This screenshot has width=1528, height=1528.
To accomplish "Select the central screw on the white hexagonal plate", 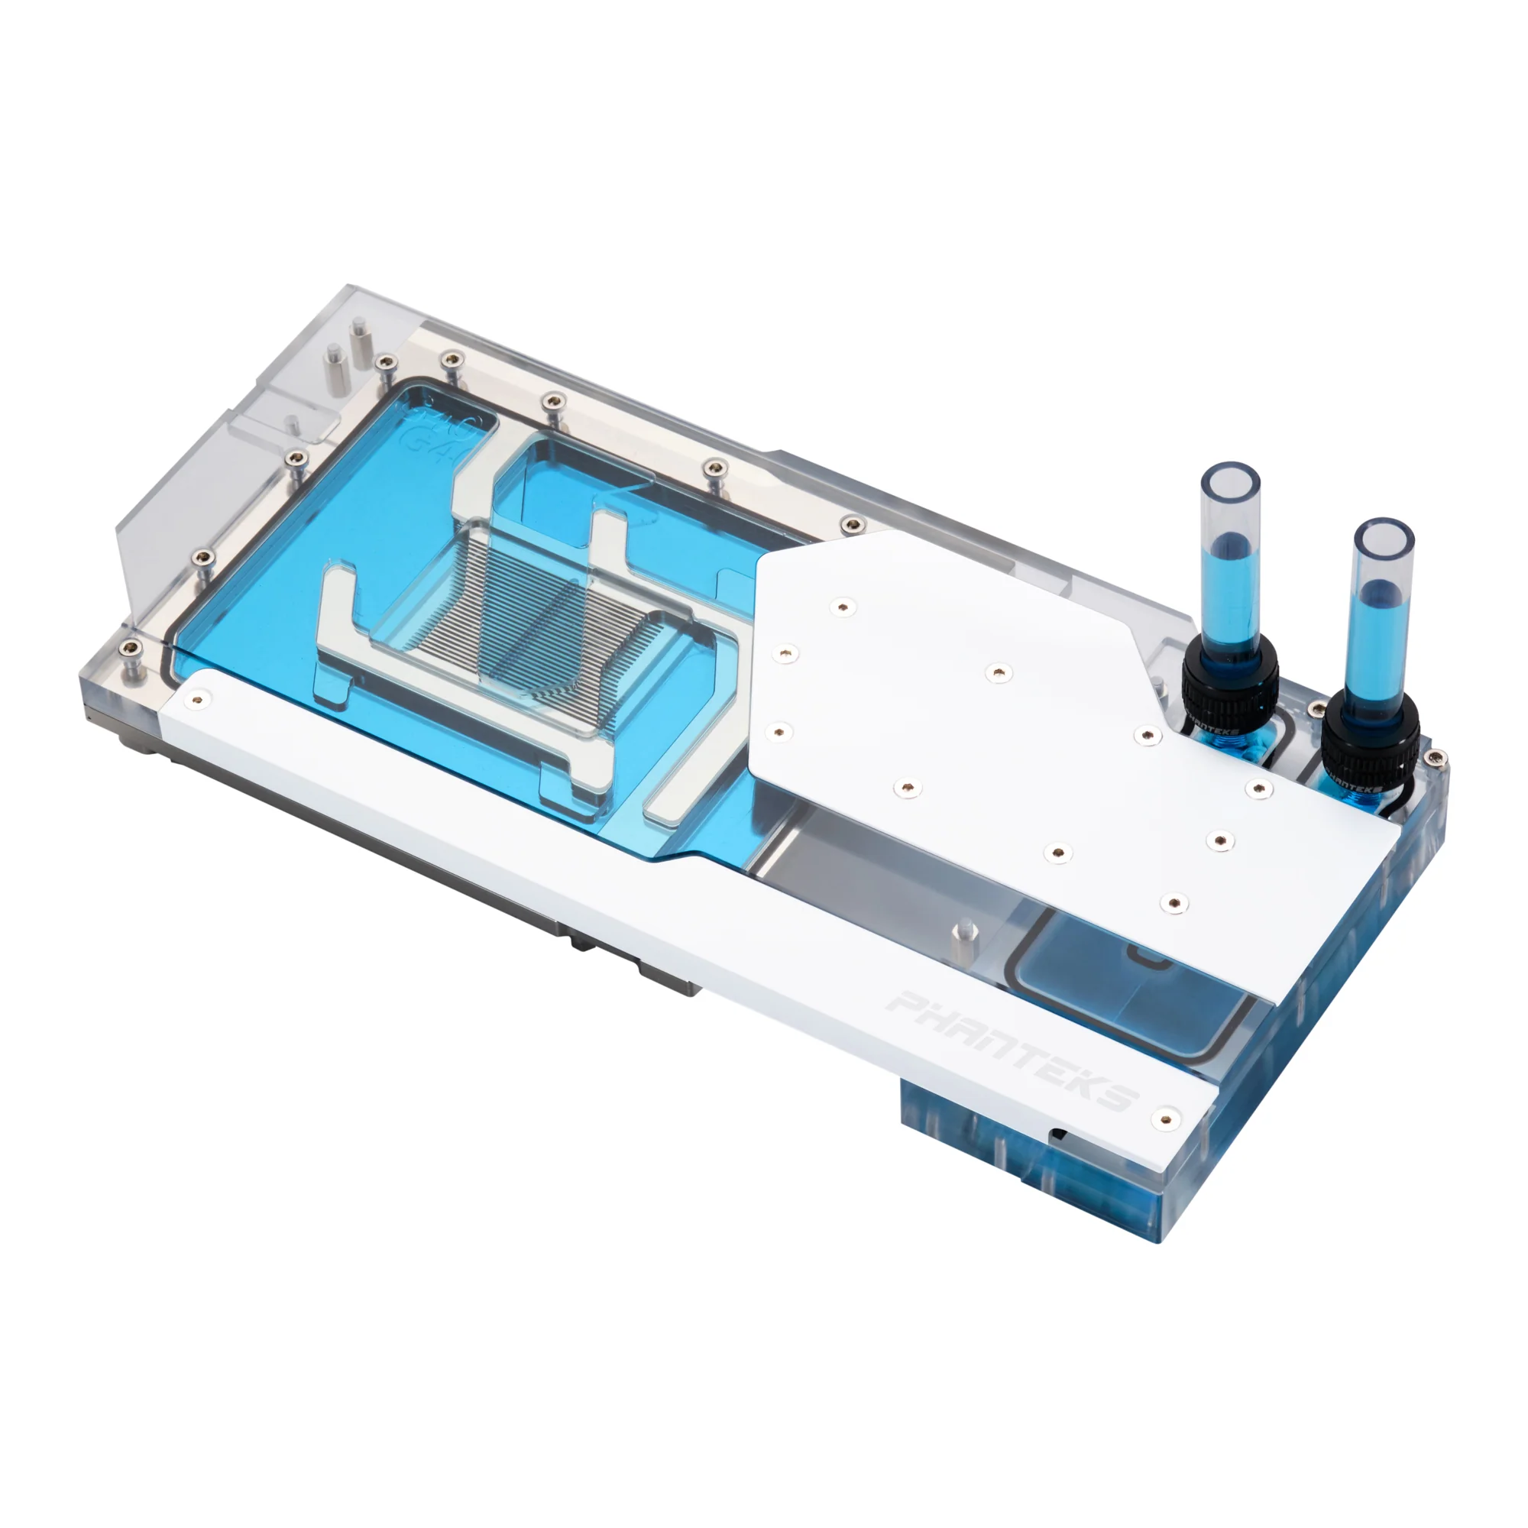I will click(x=999, y=673).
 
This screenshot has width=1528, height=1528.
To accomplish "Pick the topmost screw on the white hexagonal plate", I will click(x=844, y=607).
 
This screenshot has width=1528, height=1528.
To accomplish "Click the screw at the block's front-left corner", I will click(x=128, y=649).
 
